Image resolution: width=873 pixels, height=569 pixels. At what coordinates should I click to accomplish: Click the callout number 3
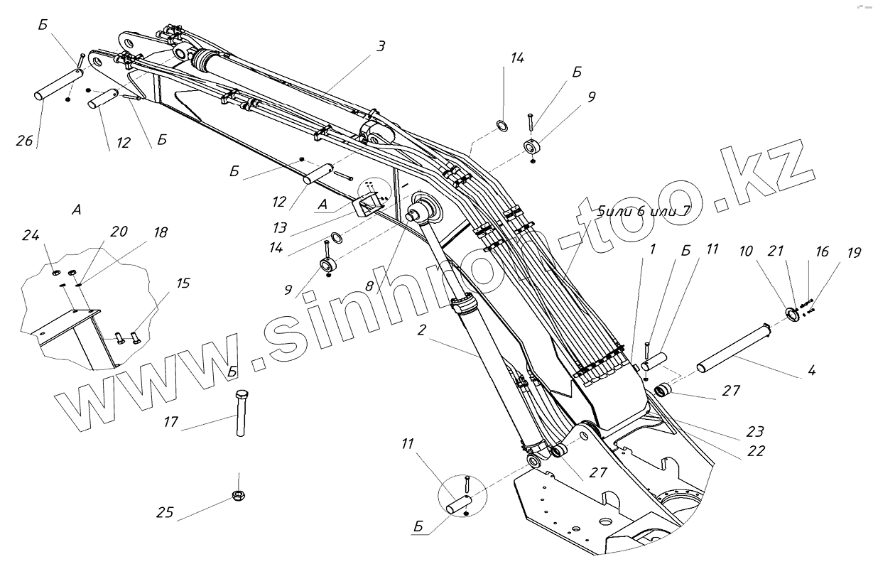(x=381, y=47)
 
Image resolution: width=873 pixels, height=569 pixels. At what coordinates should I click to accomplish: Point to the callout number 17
(x=170, y=421)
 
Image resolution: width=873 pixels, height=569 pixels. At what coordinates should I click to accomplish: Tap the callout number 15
(x=183, y=283)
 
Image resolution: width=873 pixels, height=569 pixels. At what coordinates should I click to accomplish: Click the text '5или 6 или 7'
(x=644, y=211)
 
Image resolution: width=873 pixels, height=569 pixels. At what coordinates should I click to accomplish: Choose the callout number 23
(x=755, y=431)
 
